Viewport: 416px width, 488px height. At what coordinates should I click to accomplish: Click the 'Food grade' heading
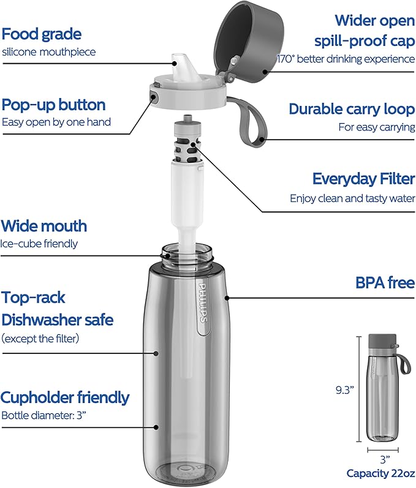(42, 34)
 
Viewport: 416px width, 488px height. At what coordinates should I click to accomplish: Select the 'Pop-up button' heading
(54, 104)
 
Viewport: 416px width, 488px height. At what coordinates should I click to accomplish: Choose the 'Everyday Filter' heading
(363, 178)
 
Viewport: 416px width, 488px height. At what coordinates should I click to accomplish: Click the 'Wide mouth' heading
(44, 226)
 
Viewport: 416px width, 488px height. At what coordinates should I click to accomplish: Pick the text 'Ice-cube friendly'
(40, 244)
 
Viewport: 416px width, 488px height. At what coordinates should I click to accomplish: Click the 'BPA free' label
(385, 283)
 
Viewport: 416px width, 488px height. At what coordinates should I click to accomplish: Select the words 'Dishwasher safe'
(58, 320)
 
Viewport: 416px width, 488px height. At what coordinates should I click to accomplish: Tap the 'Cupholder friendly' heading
(66, 397)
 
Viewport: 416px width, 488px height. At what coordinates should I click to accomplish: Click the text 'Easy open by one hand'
(56, 122)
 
